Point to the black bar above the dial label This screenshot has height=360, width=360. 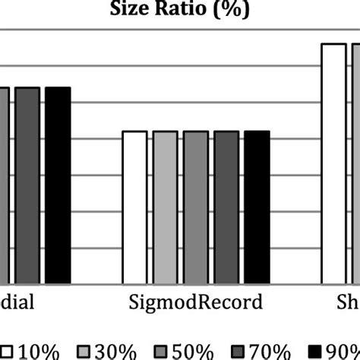[57, 184]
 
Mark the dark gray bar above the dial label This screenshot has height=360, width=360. [27, 184]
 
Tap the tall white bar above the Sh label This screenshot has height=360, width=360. [333, 162]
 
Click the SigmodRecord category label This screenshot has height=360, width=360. [194, 302]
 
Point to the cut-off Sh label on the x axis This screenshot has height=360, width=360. [348, 302]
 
